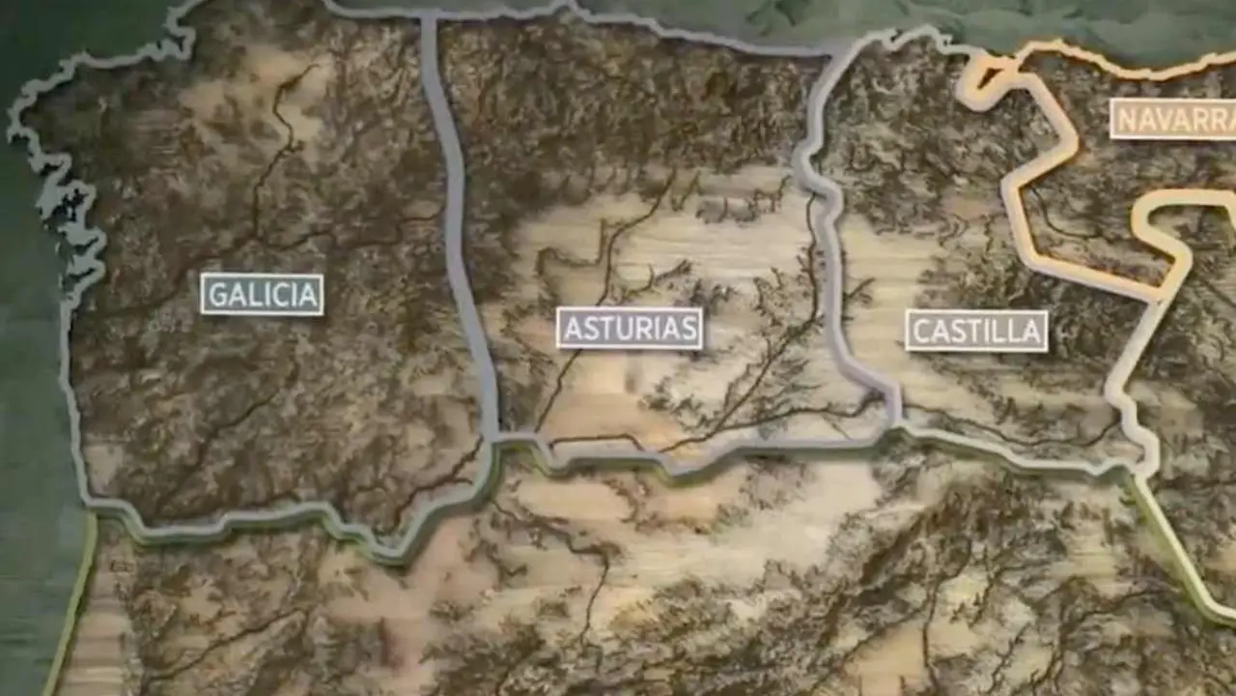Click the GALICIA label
[262, 294]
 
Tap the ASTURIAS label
[630, 329]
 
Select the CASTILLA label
[976, 331]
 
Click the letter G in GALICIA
[218, 295]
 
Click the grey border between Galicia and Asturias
[454, 222]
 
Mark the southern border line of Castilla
[1014, 454]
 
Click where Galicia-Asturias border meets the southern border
[493, 440]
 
